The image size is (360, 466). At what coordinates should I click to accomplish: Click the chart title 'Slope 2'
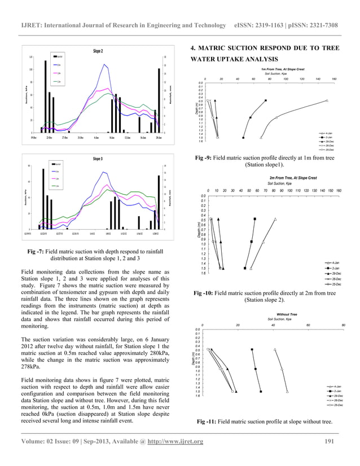98,51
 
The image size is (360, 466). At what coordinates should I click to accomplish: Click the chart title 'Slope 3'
98,160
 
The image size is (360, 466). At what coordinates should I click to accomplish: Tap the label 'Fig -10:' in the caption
204,294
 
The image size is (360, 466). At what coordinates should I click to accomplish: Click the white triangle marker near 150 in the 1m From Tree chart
327,100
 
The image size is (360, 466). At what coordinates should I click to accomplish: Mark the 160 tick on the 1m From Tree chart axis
335,79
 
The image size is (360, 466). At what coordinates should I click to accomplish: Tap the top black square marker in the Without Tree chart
252,350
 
